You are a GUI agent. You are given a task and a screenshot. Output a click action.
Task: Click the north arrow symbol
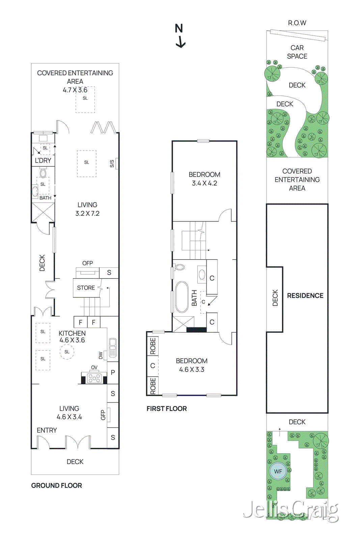[180, 35]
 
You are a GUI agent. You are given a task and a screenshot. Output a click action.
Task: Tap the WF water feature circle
[278, 471]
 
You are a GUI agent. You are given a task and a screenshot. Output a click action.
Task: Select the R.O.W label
[297, 23]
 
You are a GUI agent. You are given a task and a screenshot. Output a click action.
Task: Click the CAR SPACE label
[297, 52]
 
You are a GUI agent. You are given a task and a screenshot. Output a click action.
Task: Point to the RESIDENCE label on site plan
[305, 296]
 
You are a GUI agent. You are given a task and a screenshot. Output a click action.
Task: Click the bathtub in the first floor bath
[182, 297]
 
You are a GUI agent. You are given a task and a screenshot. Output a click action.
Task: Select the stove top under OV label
[94, 378]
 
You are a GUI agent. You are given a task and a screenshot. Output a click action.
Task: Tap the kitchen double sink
[113, 348]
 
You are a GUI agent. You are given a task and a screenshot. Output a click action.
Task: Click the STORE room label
[86, 288]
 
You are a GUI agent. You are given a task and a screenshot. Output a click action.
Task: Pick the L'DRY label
[43, 161]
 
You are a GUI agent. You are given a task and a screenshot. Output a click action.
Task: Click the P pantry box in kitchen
[113, 372]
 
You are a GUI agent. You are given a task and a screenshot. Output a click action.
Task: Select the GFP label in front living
[103, 415]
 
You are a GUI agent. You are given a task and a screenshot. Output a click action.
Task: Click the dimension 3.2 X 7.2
[87, 213]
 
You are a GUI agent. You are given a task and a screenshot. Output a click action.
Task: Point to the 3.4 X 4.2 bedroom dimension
[204, 183]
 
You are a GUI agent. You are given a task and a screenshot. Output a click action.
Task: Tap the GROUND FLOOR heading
[56, 485]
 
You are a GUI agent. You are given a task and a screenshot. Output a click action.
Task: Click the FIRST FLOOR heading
[166, 408]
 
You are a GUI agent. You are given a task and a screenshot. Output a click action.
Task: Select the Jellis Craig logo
[291, 510]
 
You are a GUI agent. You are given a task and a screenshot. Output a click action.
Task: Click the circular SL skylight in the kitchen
[67, 352]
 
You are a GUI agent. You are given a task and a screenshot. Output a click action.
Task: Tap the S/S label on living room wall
[112, 164]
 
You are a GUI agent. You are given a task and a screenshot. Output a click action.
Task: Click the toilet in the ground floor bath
[43, 173]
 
